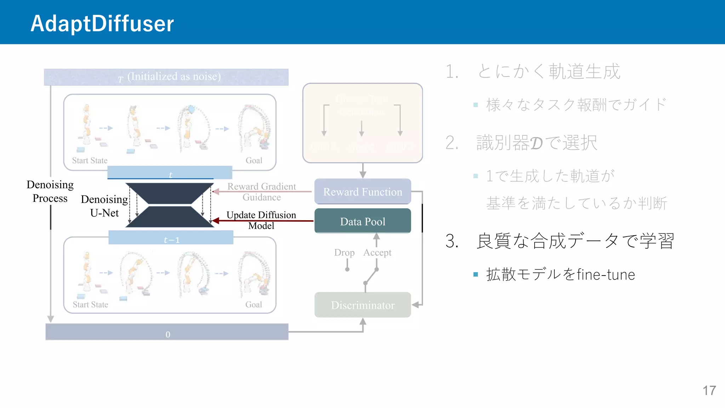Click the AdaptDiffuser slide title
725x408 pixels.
point(102,23)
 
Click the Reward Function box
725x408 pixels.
point(362,192)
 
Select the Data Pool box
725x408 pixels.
point(362,221)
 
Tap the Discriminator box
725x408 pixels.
point(362,305)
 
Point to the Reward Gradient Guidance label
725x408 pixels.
point(261,192)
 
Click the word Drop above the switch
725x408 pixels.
point(344,253)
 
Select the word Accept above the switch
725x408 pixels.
point(377,253)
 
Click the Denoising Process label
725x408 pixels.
point(50,191)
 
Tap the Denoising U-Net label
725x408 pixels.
point(104,206)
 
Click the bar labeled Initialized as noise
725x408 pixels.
point(166,77)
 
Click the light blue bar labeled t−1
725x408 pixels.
point(171,238)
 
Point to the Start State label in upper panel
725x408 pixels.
point(90,160)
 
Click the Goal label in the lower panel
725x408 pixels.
point(253,305)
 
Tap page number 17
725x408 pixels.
point(709,390)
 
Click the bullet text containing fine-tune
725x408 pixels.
point(560,274)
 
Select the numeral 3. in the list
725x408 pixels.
point(452,241)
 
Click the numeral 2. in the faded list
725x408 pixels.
point(452,143)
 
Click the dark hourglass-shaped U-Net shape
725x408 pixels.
point(170,205)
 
